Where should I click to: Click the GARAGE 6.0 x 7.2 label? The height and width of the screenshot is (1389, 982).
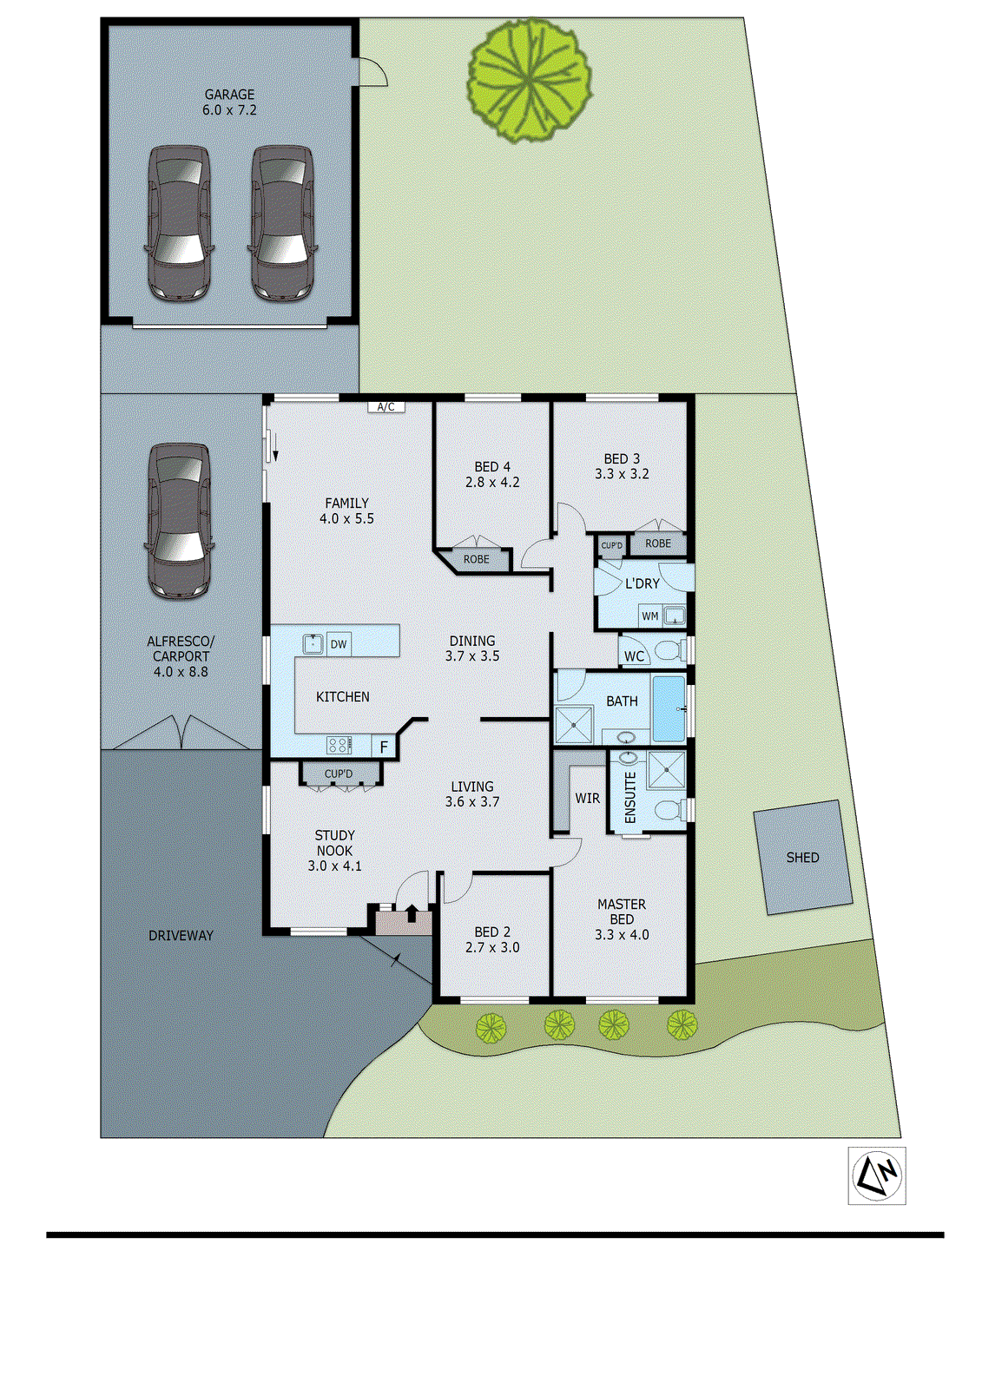[x=229, y=102]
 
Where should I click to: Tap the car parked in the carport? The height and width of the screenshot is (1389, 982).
[x=179, y=521]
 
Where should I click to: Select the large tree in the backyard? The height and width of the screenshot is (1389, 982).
[x=530, y=80]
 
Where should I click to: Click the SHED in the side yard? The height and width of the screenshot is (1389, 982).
[x=802, y=857]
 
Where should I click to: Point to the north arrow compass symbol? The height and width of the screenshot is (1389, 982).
[x=877, y=1175]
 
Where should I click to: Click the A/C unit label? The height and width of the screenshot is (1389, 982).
[x=386, y=406]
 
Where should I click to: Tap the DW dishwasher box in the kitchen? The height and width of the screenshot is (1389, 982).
[x=339, y=643]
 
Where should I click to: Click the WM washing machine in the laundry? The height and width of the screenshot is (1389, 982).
[x=650, y=616]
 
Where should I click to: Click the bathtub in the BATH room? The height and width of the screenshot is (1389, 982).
[x=669, y=708]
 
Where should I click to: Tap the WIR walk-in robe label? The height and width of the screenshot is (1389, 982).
[x=587, y=798]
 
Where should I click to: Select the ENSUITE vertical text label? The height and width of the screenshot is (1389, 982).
[x=630, y=797]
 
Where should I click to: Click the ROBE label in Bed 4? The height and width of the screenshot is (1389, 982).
[x=476, y=559]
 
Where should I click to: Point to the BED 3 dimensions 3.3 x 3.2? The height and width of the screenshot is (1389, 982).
[x=622, y=474]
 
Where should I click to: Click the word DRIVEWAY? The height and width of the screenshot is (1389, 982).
[x=181, y=935]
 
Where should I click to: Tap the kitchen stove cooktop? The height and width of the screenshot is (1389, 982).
[x=339, y=745]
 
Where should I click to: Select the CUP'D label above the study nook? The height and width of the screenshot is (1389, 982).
[x=339, y=773]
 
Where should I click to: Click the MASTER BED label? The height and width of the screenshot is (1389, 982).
[x=622, y=912]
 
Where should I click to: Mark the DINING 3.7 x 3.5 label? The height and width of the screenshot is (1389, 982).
[x=472, y=648]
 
